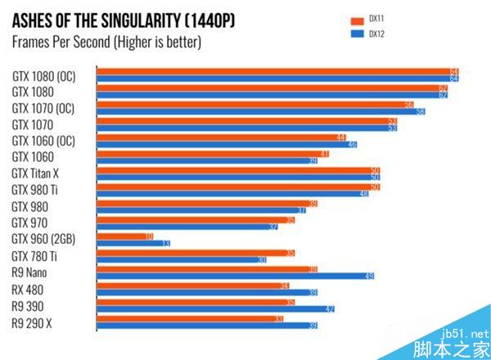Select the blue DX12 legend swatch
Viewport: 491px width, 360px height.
(357, 34)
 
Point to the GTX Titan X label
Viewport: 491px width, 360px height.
(35, 173)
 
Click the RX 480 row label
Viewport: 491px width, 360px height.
(28, 290)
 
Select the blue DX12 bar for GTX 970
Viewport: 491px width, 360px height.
(187, 227)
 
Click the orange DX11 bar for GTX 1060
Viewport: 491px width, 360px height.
(213, 153)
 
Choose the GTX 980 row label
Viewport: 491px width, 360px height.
(29, 206)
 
